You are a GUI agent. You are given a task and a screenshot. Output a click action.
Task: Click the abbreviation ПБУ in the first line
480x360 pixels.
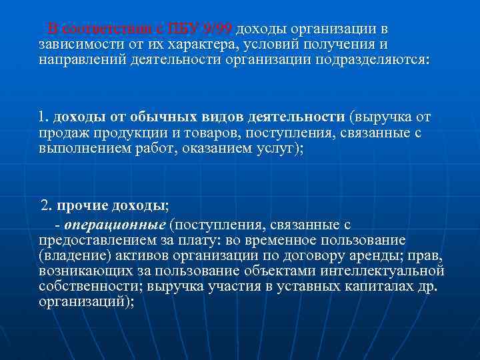coord(185,29)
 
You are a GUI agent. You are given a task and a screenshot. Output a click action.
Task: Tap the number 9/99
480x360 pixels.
coord(217,29)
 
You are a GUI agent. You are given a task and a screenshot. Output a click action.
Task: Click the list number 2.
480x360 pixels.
coord(46,205)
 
